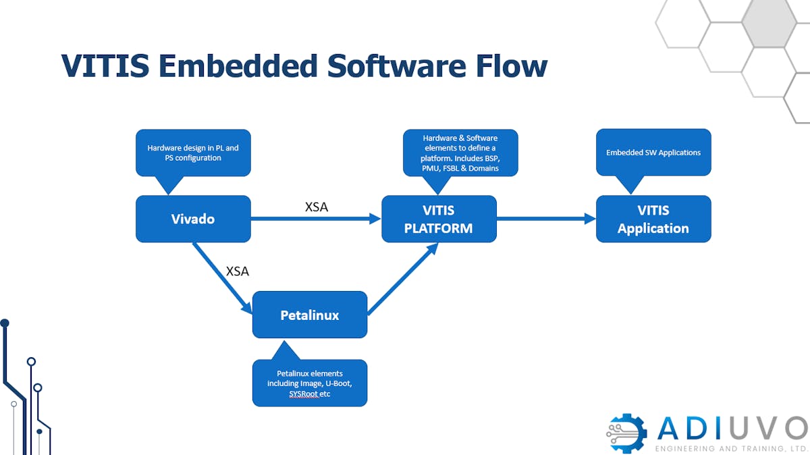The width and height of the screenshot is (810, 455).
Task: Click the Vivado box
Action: [193, 219]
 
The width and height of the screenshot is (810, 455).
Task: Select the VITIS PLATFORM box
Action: [439, 219]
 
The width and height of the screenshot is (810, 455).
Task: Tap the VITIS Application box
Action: [653, 219]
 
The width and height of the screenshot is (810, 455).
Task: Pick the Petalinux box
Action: [310, 315]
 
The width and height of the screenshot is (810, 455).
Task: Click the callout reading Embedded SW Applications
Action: [653, 153]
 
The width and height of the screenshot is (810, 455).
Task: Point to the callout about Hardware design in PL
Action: [193, 153]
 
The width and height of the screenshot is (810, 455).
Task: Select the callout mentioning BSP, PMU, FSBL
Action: [460, 153]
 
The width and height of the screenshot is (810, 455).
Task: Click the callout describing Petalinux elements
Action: [310, 383]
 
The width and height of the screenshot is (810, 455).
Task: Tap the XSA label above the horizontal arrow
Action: [317, 207]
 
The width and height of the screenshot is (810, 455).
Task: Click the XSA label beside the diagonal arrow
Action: [237, 271]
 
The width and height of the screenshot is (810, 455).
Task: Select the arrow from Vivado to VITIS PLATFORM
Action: [316, 219]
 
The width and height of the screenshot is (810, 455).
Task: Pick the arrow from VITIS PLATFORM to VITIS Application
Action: [546, 219]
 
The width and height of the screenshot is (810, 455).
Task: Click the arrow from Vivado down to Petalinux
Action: [222, 278]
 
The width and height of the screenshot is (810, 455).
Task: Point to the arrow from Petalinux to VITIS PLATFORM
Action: [403, 279]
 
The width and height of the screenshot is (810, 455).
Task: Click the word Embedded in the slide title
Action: [238, 66]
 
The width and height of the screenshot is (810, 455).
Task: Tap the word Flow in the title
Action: [512, 66]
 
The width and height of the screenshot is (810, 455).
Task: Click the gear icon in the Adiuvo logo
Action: [626, 433]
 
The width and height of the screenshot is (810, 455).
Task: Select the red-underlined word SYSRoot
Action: [304, 394]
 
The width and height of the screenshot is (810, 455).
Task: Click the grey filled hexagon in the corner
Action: [769, 22]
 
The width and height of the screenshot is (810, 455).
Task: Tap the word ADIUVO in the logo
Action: [733, 428]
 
